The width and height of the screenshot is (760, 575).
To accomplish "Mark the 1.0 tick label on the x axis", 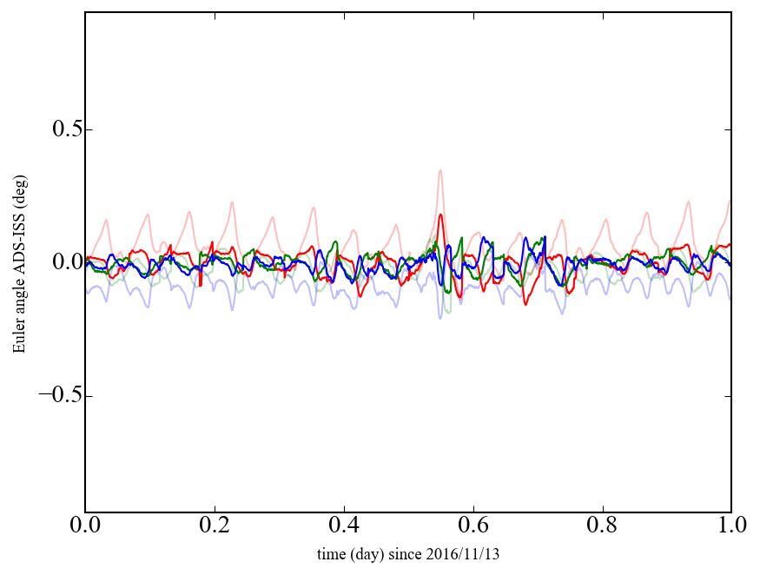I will coord(730,525).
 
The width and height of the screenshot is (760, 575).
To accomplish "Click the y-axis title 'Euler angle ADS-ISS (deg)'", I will coord(18,262).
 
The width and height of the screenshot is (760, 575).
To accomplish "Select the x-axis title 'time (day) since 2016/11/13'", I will coord(408,553).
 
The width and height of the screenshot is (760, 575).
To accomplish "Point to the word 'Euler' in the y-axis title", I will coord(18,337).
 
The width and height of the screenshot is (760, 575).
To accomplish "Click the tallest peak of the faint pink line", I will coord(440,171).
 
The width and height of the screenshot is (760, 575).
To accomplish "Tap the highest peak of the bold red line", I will coord(440,215).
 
